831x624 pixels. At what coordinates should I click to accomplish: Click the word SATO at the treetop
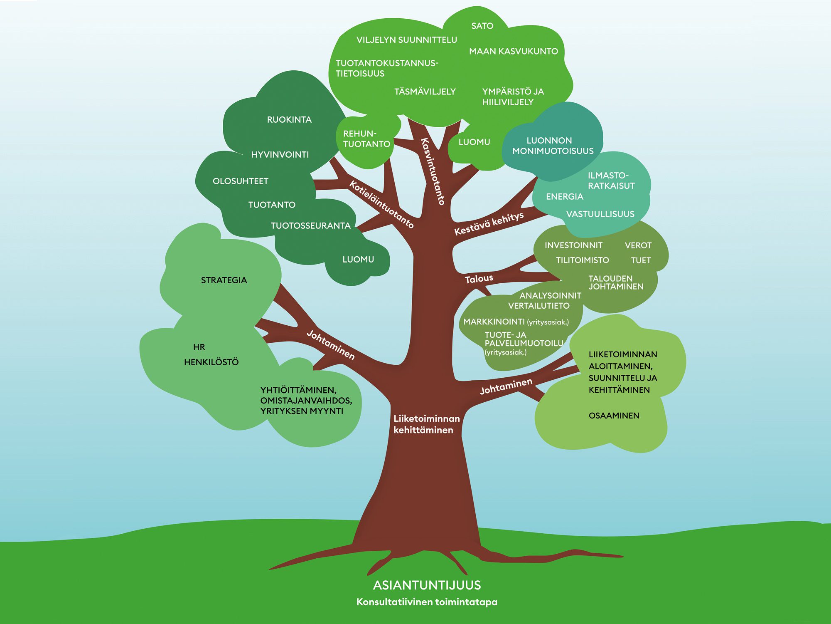pos(482,26)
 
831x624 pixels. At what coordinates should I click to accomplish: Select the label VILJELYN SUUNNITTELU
pos(406,40)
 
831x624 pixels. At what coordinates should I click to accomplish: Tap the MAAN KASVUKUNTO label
pos(514,51)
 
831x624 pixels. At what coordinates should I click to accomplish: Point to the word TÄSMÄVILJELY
pos(425,91)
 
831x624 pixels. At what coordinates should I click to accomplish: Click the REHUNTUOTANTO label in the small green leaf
pos(366,139)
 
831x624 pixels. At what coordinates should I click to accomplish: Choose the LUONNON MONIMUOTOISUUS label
pos(553,146)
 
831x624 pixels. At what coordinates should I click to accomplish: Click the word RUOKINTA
pos(289,120)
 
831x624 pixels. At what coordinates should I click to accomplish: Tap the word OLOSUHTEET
pos(241,181)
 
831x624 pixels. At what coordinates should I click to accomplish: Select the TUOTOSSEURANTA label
pos(311,226)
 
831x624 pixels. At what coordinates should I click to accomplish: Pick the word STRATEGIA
pos(224,280)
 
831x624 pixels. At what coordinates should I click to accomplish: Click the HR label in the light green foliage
pos(199,347)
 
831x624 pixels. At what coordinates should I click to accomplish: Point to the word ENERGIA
pos(565,197)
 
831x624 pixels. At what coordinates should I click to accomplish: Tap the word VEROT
pos(638,245)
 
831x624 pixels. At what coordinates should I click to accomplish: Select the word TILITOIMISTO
pos(583,260)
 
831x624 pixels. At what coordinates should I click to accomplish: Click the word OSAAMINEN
pos(614,416)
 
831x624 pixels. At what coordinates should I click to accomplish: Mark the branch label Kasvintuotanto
pos(433,171)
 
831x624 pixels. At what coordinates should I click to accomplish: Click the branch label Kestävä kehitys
pos(489,224)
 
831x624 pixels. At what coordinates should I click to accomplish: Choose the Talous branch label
pos(479,279)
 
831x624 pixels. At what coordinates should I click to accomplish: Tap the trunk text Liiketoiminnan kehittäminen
pos(427,424)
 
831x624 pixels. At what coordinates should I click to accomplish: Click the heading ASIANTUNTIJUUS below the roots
pos(427,585)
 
